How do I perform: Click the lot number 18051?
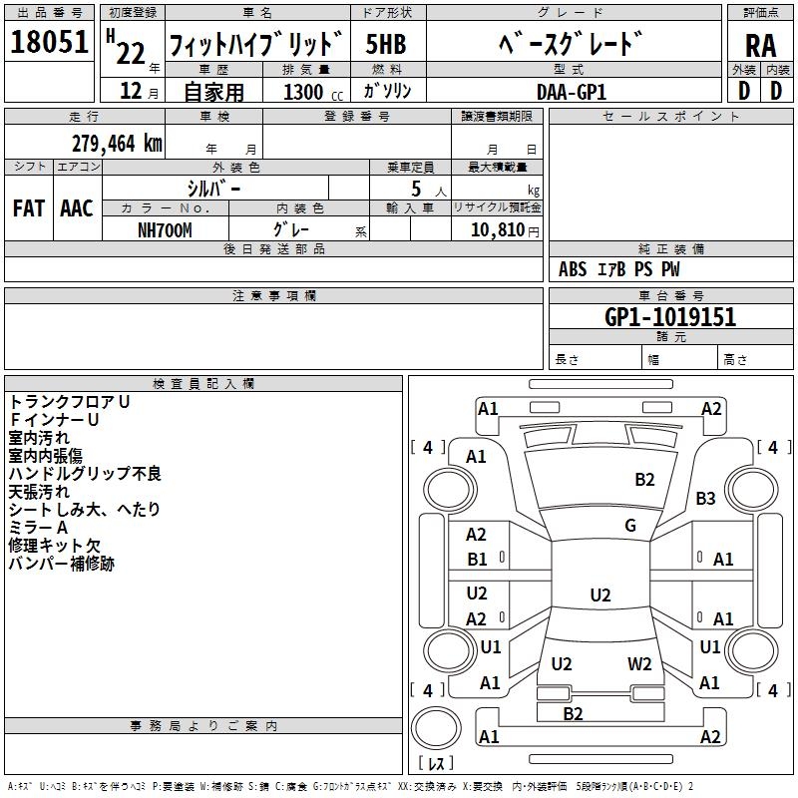tap(50, 43)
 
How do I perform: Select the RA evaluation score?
tap(759, 45)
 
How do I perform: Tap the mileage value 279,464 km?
tap(117, 143)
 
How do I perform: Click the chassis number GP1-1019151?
tap(670, 317)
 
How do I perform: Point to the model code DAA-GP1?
tap(571, 91)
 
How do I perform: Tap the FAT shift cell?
tap(28, 208)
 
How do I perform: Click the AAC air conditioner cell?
tap(76, 208)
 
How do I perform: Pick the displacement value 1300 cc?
tap(308, 92)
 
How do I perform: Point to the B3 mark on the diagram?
tap(706, 498)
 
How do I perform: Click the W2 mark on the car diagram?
tap(639, 664)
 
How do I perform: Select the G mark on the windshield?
tap(629, 525)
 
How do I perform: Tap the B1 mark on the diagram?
tap(478, 560)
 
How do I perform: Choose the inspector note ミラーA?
tap(38, 528)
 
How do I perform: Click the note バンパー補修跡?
tap(62, 564)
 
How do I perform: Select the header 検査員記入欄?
tap(203, 384)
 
